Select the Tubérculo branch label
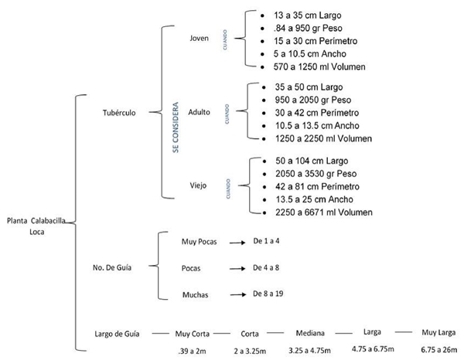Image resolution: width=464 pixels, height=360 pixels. click(119, 112)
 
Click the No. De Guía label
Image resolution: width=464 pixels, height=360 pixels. click(113, 268)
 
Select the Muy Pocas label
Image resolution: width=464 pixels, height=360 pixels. click(199, 242)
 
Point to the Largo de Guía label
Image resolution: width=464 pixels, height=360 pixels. click(116, 334)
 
